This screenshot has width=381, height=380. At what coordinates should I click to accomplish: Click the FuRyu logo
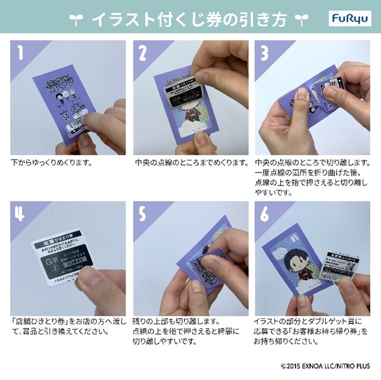tap(347, 20)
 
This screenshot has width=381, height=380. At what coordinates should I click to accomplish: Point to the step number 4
tap(20, 214)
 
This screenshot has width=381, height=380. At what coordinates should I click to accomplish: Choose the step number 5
tap(143, 214)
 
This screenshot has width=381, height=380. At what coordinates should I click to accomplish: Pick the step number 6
tap(265, 214)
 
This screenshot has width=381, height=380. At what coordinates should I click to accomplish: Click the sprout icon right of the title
tap(302, 20)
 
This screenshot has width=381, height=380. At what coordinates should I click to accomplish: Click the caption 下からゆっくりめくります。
tap(51, 162)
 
